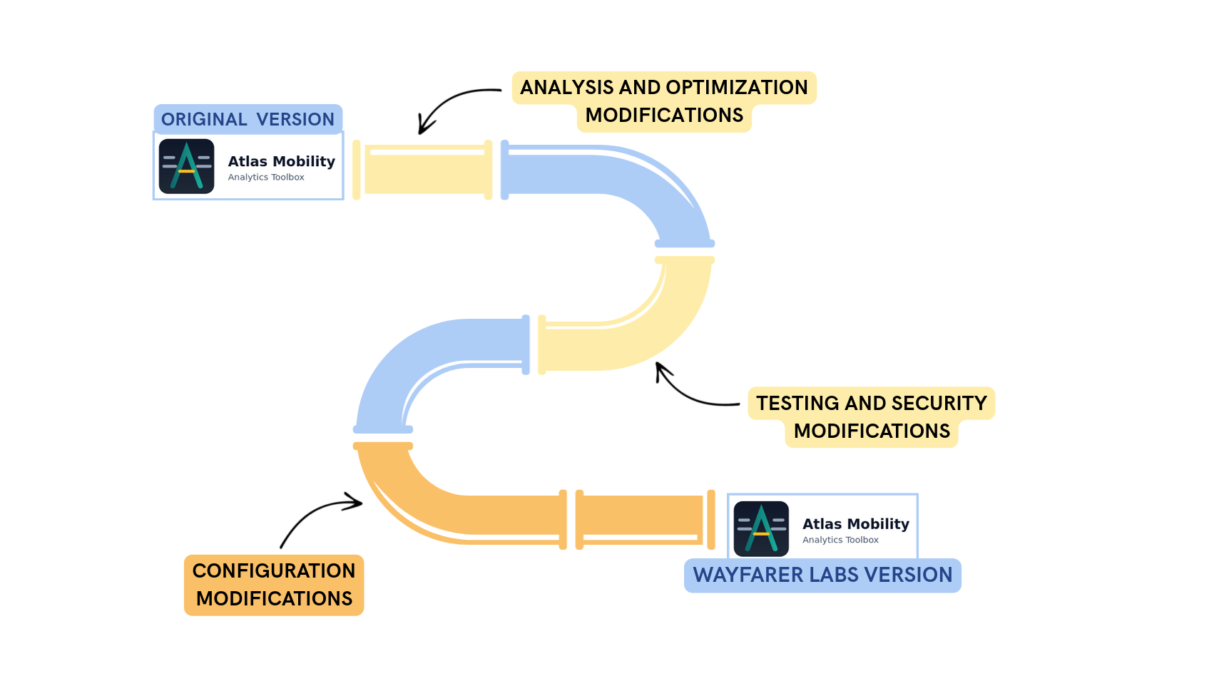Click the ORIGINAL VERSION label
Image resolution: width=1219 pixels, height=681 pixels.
point(248,119)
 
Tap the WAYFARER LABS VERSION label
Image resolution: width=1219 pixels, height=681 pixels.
point(822,575)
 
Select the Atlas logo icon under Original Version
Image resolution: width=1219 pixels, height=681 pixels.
point(186,166)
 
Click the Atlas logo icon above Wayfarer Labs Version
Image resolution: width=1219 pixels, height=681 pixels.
point(761,528)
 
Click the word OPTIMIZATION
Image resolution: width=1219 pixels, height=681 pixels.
point(736,88)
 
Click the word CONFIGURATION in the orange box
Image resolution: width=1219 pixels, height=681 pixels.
point(274,571)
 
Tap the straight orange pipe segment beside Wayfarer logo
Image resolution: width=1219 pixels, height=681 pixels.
point(646,519)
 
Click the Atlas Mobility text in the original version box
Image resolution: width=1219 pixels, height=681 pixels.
point(281,162)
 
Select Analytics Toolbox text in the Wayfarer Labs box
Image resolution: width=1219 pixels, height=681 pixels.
point(840,540)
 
